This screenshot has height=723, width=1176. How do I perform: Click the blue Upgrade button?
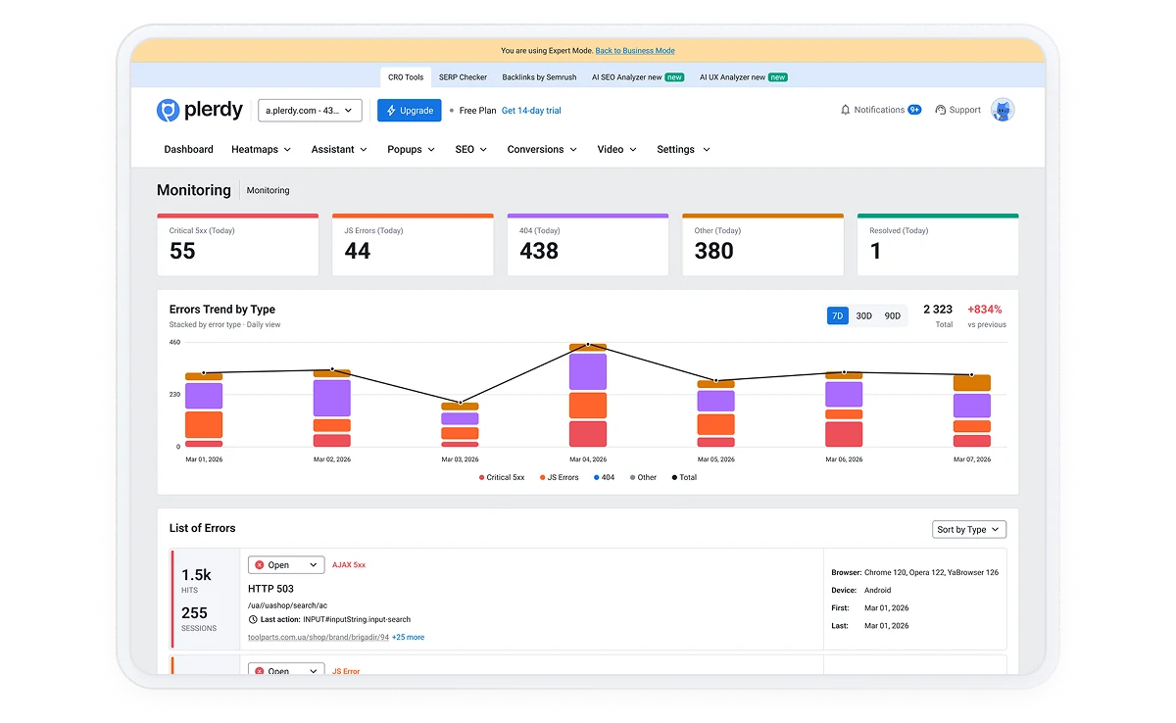click(409, 110)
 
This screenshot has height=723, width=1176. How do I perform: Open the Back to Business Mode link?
click(635, 50)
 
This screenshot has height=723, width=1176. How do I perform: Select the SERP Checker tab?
click(463, 77)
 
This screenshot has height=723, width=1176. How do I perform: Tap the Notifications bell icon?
click(845, 110)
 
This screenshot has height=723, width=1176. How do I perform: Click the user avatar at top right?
click(1003, 110)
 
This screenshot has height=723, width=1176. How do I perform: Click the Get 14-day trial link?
click(531, 111)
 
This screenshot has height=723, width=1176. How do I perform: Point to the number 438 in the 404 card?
click(539, 251)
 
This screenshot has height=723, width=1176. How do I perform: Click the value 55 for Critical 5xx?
click(182, 251)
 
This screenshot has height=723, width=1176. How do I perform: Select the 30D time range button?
click(863, 315)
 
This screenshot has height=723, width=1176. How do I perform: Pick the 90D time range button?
click(892, 315)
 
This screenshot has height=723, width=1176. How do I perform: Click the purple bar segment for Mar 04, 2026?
click(587, 371)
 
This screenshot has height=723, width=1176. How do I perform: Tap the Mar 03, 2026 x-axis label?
click(460, 459)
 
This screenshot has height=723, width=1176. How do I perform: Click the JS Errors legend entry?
click(559, 477)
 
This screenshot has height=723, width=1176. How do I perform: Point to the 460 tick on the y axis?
click(174, 342)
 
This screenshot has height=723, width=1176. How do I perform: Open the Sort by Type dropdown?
click(968, 529)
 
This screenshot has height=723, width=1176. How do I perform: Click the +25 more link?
click(408, 637)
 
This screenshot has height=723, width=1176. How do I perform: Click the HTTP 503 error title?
click(270, 589)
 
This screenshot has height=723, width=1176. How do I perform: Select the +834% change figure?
click(984, 310)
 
